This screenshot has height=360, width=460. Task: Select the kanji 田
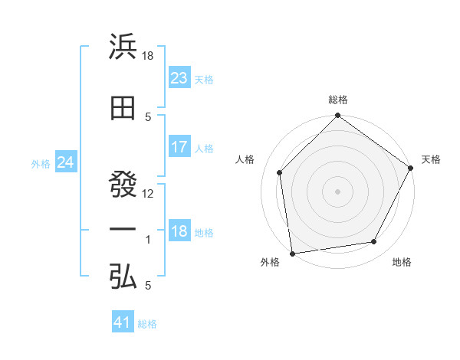(123, 108)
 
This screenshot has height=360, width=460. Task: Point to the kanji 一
(123, 229)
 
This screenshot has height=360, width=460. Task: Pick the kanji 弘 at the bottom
(123, 277)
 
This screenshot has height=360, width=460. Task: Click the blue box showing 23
(179, 78)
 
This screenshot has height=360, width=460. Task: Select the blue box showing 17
(179, 147)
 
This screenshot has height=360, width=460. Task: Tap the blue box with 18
(179, 231)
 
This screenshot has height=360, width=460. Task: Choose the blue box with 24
(65, 162)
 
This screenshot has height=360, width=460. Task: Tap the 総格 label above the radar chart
(338, 100)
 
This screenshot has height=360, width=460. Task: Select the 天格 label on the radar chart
(431, 159)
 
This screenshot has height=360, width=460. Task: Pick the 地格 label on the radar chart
(402, 262)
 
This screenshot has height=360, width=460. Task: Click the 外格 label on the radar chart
(270, 262)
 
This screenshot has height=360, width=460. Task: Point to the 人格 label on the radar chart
(245, 159)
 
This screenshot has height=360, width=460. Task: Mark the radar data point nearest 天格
(412, 168)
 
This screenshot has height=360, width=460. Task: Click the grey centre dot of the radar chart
(337, 191)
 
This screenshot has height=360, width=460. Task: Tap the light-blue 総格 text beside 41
(147, 324)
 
